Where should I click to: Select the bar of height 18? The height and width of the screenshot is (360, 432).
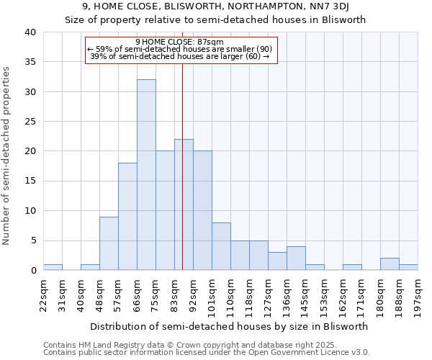coord(127,217)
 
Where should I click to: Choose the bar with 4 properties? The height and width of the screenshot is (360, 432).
coord(296,258)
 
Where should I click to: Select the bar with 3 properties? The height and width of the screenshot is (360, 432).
coord(277,261)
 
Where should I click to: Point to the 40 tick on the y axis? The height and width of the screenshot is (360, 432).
coord(30,32)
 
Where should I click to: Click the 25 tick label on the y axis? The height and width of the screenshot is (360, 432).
coord(30,122)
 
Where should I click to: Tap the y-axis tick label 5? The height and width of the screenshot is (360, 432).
coord(32,240)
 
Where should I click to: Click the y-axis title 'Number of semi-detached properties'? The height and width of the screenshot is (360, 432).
coord(7,155)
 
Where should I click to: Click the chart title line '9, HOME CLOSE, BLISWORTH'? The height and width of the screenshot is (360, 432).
coord(216,7)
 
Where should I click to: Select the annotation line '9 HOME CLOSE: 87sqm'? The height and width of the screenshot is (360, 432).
coord(179,42)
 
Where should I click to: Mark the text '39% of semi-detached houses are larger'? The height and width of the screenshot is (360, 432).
coord(179,56)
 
